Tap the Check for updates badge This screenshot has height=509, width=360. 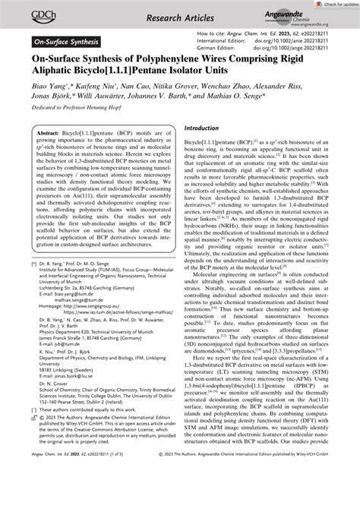click(x=329, y=5)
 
